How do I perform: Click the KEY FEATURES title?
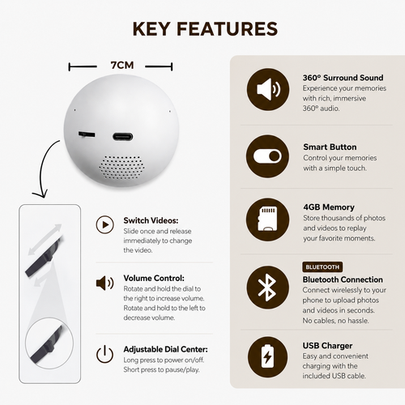[205, 29]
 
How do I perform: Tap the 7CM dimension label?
[122, 66]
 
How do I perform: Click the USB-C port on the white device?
[123, 137]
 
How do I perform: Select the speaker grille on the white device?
[121, 168]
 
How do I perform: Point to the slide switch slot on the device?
[87, 134]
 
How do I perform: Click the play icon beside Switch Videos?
[104, 224]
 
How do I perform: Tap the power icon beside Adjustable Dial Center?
[104, 354]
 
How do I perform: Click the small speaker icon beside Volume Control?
[104, 283]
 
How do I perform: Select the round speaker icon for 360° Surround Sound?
[268, 89]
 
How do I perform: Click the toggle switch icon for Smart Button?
[267, 156]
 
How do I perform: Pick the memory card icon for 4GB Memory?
[267, 220]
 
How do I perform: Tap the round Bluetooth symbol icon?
[267, 288]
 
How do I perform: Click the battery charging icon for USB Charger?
[267, 356]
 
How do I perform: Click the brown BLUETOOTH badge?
[322, 267]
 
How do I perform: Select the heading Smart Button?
[330, 147]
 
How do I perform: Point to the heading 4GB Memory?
[329, 207]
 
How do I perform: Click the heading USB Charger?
[327, 346]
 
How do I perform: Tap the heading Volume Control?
[154, 278]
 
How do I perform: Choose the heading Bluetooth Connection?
[343, 279]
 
